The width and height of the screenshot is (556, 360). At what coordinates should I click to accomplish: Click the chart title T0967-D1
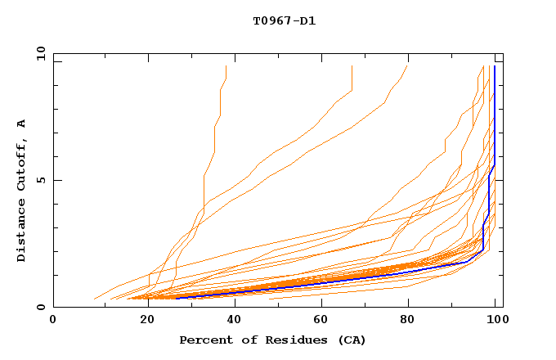pos(284,20)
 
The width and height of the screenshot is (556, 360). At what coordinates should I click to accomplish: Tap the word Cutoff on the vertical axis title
pos(21,164)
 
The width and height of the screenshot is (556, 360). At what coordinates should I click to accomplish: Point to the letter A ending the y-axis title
pos(21,124)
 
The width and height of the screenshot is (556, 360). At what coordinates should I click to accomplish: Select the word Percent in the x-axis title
pos(204,340)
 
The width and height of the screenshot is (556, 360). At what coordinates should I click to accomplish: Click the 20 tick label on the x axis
pos(149,321)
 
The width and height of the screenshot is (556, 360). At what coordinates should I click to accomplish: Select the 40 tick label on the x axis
pos(238,321)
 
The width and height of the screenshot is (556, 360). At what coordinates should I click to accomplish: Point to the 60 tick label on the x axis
pos(326,321)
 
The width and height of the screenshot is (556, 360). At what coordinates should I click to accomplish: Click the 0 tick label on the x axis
pos(54,321)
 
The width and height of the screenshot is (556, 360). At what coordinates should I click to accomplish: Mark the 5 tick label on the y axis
pos(40,180)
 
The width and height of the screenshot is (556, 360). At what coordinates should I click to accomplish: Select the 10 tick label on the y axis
pos(39,52)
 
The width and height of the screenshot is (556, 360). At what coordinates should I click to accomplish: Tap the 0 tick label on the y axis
pos(40,308)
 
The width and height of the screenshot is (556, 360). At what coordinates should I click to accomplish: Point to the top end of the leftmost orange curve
pos(226,66)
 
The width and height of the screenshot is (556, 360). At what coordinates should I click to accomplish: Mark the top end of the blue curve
pos(494,66)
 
